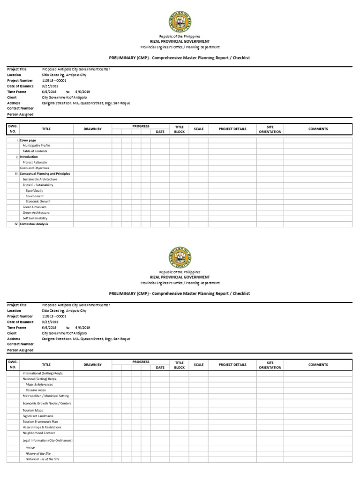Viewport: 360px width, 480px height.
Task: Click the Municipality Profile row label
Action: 36,146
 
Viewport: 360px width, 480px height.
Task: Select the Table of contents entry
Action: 35,151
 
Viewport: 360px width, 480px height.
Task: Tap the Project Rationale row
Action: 35,163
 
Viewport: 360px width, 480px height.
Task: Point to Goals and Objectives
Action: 34,168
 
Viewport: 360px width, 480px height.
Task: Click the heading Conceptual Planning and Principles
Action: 45,174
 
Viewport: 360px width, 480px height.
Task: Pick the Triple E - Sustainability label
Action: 38,185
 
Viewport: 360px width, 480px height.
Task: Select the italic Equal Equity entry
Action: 34,191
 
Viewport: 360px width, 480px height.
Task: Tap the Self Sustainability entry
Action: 35,218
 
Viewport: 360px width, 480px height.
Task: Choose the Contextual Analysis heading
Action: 34,224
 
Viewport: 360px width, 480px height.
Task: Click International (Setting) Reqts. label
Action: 43,373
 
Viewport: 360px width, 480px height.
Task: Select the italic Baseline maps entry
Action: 36,390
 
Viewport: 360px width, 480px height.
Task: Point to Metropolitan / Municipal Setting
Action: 45,396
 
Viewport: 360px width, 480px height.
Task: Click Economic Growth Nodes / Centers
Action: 47,403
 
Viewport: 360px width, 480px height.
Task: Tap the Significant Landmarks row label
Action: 38,416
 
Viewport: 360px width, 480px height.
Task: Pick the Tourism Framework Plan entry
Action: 40,422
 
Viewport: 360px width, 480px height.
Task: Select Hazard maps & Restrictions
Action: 42,427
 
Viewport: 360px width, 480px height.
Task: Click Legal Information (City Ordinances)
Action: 47,441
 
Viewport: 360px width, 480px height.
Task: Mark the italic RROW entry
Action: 30,448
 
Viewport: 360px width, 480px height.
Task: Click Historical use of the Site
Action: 42,459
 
